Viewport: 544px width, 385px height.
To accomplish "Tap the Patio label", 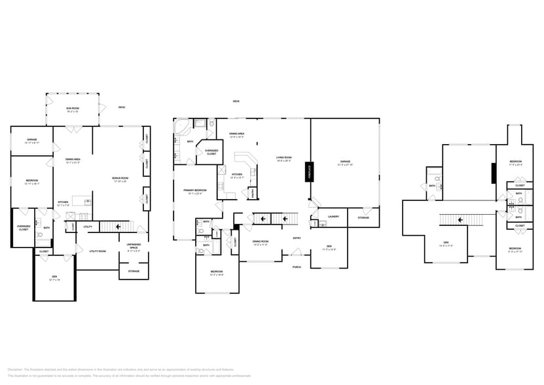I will (122, 107).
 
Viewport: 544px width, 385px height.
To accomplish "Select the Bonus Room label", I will (120, 178).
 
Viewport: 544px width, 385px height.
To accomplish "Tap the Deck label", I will (236, 101).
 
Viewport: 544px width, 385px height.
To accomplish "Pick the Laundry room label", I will (333, 217).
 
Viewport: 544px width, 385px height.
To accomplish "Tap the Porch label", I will (297, 266).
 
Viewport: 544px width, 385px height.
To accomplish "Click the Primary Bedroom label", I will (196, 190).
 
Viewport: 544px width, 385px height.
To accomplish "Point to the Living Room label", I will (283, 157).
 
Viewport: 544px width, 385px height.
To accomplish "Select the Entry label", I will (297, 238).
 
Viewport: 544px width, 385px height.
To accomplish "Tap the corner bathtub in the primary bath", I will (181, 125).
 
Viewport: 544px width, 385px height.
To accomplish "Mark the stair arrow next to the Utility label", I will (118, 227).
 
